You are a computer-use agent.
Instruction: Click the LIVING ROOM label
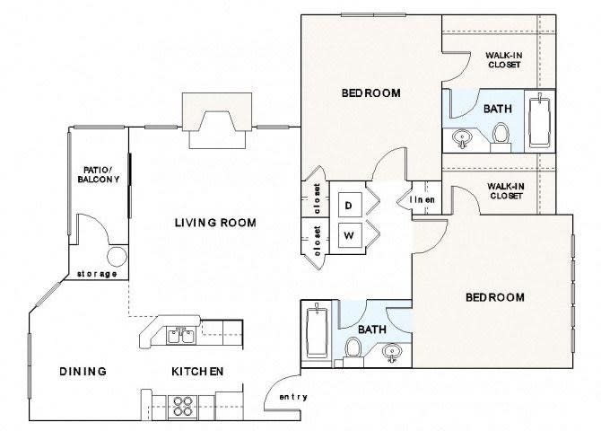[x=215, y=223]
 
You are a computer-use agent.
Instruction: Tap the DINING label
[x=83, y=371]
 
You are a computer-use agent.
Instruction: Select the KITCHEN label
[x=197, y=371]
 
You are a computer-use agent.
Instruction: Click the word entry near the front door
[x=292, y=397]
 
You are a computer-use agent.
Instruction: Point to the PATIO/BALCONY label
[x=97, y=174]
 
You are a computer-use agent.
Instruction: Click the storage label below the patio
[x=97, y=274]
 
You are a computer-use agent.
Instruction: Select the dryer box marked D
[x=349, y=205]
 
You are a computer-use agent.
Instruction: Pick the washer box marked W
[x=349, y=236]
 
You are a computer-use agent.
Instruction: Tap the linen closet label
[x=423, y=199]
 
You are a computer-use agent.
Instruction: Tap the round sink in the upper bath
[x=464, y=137]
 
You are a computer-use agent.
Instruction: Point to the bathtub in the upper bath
[x=539, y=120]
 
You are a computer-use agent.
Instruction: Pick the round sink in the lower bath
[x=392, y=352]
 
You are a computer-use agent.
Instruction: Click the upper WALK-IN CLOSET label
[x=504, y=58]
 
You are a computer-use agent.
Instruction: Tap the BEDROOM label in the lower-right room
[x=494, y=297]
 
